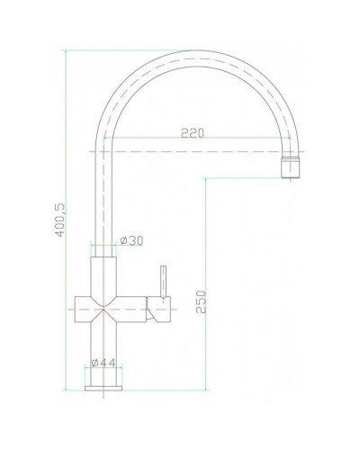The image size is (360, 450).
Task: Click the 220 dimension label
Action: click(x=192, y=133)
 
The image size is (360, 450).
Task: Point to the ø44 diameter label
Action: click(x=107, y=364)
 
